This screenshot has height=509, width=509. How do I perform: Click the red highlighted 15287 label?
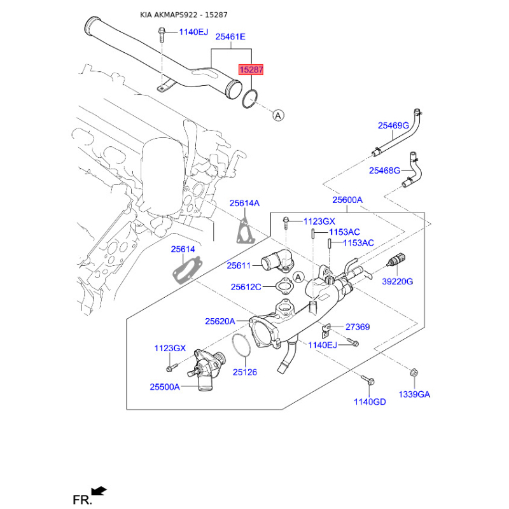250,69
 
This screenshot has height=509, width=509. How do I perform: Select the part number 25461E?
230,37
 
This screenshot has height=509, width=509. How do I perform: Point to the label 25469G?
393,125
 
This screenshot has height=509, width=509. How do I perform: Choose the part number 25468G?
385,171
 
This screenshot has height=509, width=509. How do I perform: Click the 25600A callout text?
347,200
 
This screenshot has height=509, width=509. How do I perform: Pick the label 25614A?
245,203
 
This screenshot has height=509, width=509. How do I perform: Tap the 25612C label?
246,287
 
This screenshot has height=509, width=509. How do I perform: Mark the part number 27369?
358,327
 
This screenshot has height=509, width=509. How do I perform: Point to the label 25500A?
165,386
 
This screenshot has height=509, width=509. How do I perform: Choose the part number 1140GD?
370,401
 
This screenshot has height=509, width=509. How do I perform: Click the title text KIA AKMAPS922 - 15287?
183,15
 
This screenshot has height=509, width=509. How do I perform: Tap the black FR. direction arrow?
99,491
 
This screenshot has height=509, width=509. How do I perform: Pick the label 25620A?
220,321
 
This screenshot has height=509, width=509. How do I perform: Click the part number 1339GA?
414,394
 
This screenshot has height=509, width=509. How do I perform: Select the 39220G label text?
398,281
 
